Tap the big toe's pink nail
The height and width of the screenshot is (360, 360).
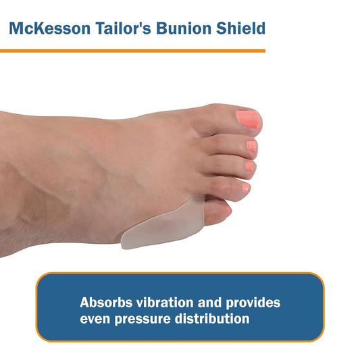pos(248,120)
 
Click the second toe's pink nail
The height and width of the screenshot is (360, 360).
pos(251,145)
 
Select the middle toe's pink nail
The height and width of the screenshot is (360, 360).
pos(250,165)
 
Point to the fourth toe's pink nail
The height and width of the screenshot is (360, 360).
pos(246,188)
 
